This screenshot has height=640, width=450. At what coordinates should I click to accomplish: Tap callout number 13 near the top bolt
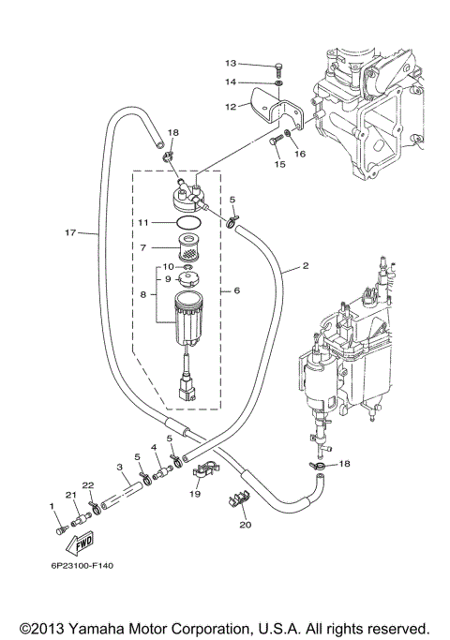tap(231, 64)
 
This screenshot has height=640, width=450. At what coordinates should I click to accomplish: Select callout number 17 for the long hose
tap(70, 232)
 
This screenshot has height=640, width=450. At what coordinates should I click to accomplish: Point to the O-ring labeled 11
tap(189, 223)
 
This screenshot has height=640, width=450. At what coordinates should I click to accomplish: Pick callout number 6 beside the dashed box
tap(237, 290)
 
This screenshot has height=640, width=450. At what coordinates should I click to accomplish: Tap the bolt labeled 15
tap(275, 141)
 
